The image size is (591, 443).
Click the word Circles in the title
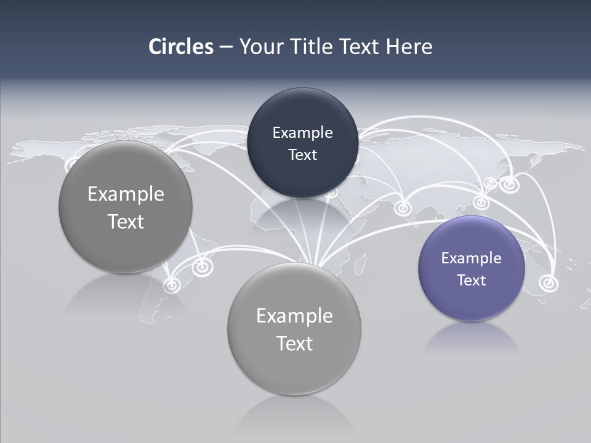coord(181,47)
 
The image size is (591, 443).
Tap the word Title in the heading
coord(311,47)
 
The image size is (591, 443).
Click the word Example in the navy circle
coord(302,133)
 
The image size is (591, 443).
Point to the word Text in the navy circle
coord(302,155)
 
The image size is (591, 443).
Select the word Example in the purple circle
coord(471,258)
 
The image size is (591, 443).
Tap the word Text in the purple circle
coord(472,281)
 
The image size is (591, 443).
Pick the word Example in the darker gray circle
coord(126,194)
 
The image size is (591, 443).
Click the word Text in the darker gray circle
coord(126,221)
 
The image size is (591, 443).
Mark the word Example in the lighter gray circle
coord(294,316)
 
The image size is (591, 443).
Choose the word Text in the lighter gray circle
coord(294,343)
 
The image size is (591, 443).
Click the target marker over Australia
coord(548,283)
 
